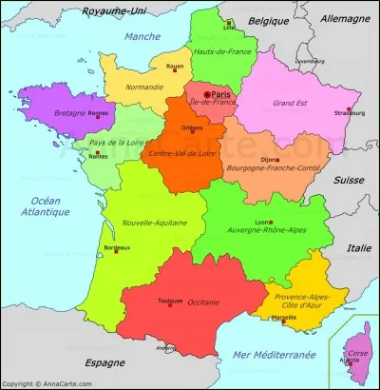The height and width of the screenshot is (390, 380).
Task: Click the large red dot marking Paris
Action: pyautogui.click(x=207, y=94)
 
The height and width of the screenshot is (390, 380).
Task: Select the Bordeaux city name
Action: pyautogui.click(x=117, y=249)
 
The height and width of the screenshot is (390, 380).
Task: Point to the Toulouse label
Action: pyautogui.click(x=171, y=300)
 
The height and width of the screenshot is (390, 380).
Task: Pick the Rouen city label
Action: pyautogui.click(x=175, y=67)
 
